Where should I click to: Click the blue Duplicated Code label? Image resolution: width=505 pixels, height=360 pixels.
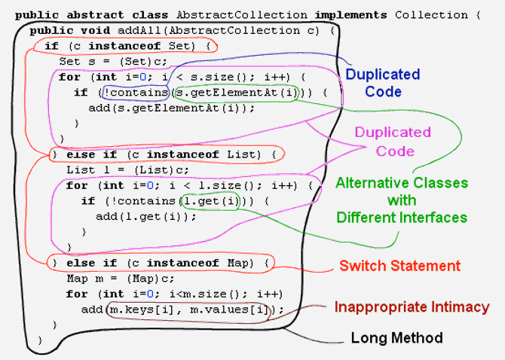(382, 83)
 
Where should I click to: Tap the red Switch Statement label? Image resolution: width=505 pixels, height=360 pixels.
(399, 266)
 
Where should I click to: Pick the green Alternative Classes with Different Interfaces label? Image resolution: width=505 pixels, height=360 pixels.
(401, 200)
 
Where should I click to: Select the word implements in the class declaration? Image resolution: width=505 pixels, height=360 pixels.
(351, 14)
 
